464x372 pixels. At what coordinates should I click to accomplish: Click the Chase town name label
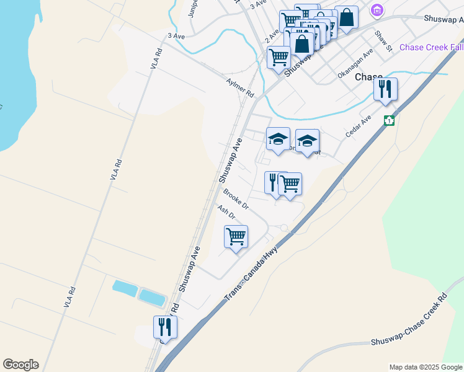click(x=369, y=77)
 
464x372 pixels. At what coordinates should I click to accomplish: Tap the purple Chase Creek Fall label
click(x=431, y=48)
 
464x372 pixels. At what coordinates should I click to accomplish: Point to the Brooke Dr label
click(x=236, y=199)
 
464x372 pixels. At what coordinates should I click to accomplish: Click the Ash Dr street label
click(x=226, y=212)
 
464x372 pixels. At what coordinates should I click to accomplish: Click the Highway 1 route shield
click(x=389, y=120)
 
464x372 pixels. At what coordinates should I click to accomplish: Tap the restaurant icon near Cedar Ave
click(x=385, y=89)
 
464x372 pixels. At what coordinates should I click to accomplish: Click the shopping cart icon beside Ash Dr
click(x=236, y=237)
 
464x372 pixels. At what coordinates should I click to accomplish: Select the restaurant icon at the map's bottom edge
click(x=165, y=327)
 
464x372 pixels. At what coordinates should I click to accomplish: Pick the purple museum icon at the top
click(x=377, y=10)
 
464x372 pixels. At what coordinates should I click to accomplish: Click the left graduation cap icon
click(x=278, y=139)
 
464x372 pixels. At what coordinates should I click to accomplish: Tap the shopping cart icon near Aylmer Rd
click(x=279, y=57)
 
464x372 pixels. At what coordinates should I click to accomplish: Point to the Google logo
click(x=20, y=365)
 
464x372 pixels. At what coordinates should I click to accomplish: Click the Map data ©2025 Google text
click(x=425, y=367)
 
